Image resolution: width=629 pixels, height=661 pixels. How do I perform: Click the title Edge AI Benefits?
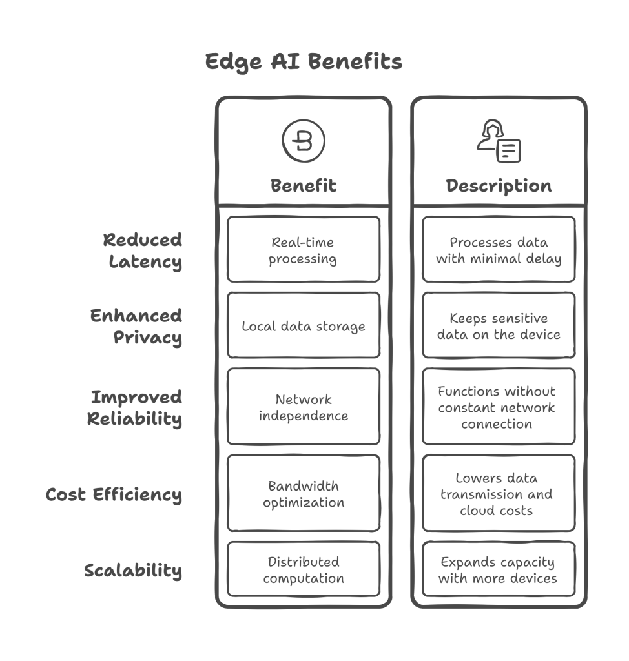(304, 62)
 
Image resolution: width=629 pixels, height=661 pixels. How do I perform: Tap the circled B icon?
(304, 141)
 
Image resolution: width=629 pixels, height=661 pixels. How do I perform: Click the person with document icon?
(499, 141)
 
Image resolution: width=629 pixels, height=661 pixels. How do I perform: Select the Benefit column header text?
(304, 186)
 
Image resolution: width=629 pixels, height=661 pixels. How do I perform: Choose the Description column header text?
(499, 186)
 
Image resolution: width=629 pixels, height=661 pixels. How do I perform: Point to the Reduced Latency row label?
(143, 251)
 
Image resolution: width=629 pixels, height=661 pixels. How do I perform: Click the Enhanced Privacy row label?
(136, 327)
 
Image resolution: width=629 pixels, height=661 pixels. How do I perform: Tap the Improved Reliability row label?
(135, 408)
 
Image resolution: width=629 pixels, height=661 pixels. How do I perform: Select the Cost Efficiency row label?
(114, 495)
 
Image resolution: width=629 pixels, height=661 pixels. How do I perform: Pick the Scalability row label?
(133, 571)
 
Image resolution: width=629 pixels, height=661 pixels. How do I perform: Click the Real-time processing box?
(304, 250)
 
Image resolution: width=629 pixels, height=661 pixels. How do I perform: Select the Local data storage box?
(304, 326)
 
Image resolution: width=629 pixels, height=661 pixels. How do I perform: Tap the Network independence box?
(304, 407)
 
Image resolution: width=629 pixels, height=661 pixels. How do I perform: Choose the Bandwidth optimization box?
(304, 494)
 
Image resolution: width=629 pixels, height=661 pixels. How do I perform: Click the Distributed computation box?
(304, 570)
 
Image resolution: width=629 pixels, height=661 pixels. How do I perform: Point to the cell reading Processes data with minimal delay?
(499, 250)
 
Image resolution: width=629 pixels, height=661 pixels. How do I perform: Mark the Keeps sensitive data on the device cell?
(499, 326)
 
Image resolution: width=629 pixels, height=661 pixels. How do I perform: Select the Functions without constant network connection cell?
(499, 407)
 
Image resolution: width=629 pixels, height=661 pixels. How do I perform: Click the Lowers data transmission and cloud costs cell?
(499, 494)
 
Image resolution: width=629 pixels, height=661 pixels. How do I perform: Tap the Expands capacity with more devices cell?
(499, 570)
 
